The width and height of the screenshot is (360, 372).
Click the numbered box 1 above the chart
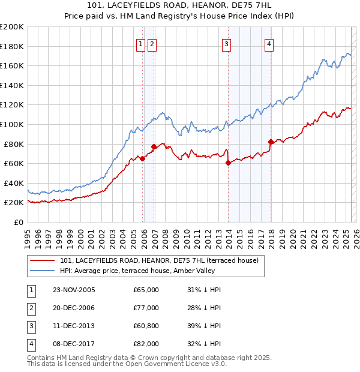click(x=140, y=43)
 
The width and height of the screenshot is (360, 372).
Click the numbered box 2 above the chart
click(x=152, y=43)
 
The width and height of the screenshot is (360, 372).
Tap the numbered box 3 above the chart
click(x=227, y=43)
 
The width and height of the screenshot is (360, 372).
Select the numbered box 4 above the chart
click(x=269, y=43)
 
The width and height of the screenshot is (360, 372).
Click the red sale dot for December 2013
click(x=229, y=163)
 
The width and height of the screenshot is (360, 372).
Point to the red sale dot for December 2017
click(x=271, y=142)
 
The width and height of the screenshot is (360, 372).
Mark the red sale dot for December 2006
click(x=154, y=146)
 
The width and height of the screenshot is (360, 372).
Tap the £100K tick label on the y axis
click(x=12, y=124)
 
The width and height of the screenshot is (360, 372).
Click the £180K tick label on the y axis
click(x=12, y=46)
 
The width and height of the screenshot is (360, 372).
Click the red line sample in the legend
click(x=42, y=260)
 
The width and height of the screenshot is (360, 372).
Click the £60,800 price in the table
click(x=146, y=326)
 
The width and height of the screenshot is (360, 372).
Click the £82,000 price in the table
click(x=146, y=344)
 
